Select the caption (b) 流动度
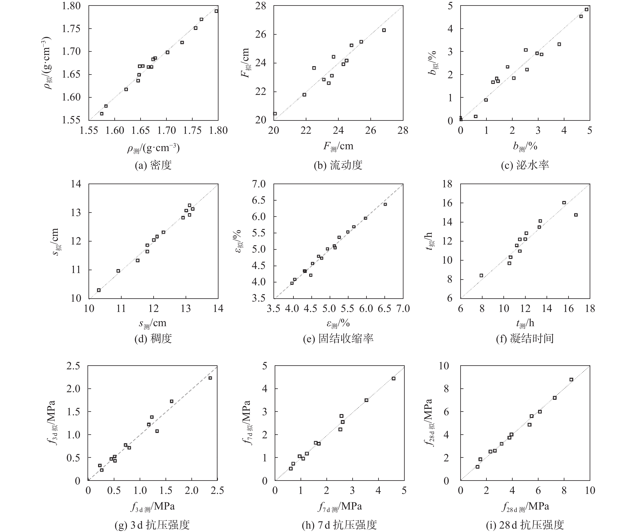point(338,165)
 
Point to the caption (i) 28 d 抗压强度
point(525,525)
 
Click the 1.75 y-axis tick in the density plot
point(71,29)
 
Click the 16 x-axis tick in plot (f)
point(568,309)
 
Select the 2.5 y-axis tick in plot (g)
point(73,366)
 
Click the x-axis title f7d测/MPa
point(340,507)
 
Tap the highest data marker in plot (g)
point(210,378)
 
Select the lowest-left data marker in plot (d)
point(99,290)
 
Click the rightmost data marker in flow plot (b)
point(384,30)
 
